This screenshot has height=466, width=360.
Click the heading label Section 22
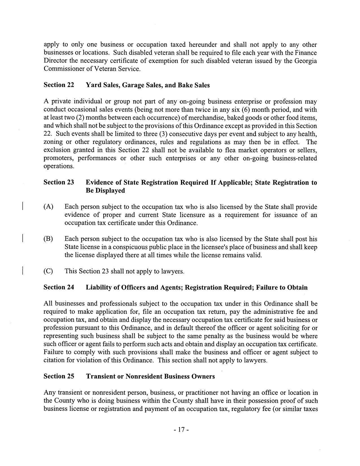[x=59, y=85]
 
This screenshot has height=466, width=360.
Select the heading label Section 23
[x=59, y=182]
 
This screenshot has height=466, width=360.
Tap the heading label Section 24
[x=59, y=287]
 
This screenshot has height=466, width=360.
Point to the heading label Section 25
[x=59, y=376]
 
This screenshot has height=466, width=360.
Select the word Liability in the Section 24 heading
[x=98, y=287]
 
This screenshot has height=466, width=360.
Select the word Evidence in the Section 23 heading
[x=99, y=182]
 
